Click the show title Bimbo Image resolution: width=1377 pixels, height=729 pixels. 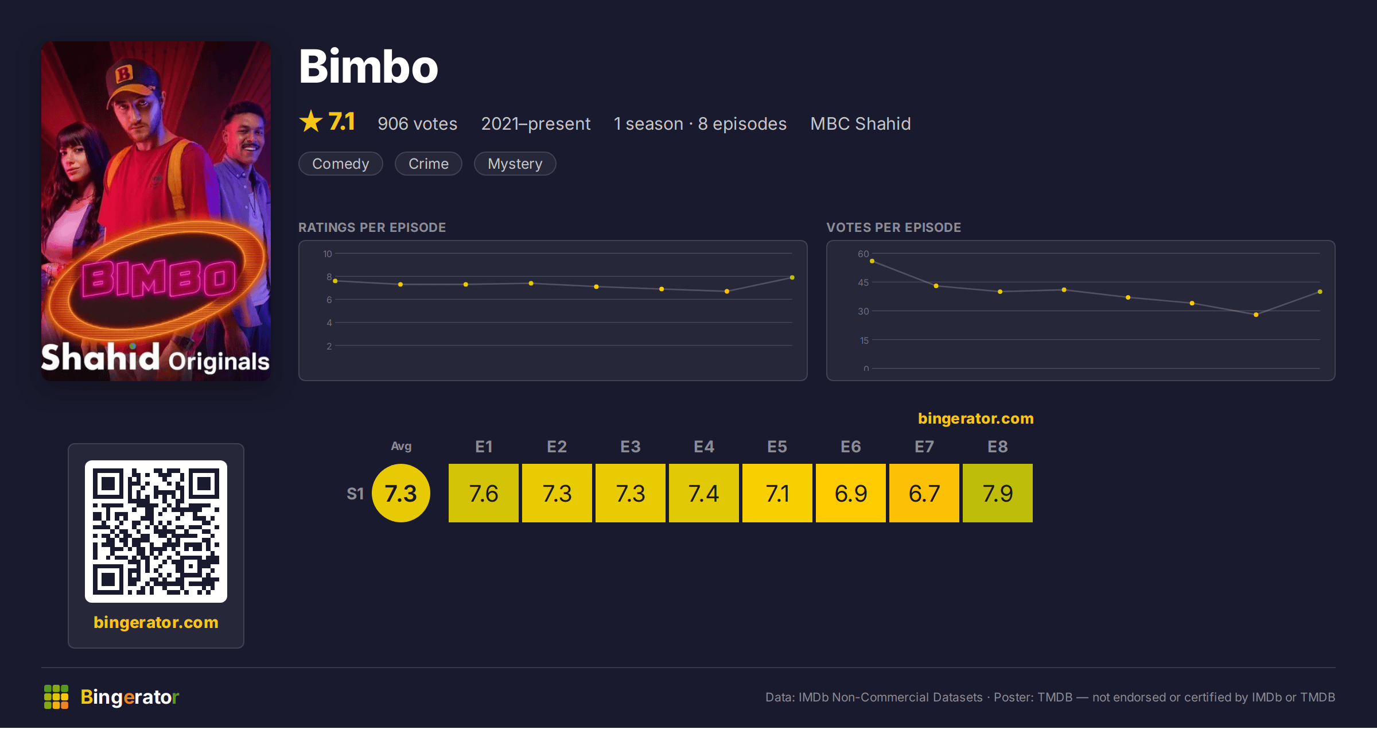(368, 67)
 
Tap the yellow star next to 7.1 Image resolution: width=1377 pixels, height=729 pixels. (311, 121)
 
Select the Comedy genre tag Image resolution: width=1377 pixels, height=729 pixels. (341, 164)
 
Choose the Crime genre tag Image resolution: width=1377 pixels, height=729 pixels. (429, 164)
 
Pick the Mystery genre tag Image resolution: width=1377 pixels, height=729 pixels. (515, 164)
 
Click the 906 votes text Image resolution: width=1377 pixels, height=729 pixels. (418, 123)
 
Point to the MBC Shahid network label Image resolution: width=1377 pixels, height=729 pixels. (861, 123)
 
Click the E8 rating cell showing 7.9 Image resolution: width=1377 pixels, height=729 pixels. (998, 493)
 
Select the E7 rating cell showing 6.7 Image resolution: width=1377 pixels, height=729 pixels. (924, 493)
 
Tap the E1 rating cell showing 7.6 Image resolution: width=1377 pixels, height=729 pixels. (484, 493)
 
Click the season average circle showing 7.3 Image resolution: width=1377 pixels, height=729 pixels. (401, 493)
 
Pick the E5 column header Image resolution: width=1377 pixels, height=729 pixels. (777, 447)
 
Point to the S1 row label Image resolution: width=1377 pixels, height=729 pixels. (355, 494)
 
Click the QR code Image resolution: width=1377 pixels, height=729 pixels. (156, 532)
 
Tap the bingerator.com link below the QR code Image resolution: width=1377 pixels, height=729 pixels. (156, 622)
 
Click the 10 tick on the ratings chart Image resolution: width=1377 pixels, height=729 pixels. (328, 254)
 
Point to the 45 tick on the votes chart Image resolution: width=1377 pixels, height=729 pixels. (863, 282)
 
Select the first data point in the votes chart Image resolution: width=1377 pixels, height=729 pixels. (872, 261)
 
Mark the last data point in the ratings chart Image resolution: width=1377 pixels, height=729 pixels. (792, 278)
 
